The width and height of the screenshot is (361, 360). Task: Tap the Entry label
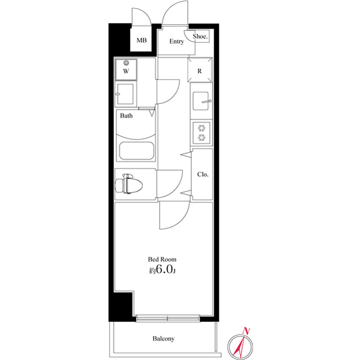point(176,42)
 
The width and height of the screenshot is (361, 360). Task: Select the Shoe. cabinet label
point(200,37)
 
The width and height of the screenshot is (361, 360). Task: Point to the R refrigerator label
point(200,72)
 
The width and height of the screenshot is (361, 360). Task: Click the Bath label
point(126,116)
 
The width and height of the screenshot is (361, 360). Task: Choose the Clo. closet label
point(202,174)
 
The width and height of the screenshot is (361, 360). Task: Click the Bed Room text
point(162,259)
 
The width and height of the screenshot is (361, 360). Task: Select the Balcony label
point(163,339)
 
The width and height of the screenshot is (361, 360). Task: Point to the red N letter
point(245,331)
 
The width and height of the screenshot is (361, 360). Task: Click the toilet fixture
point(129,184)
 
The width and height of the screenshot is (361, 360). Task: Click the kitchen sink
point(201,101)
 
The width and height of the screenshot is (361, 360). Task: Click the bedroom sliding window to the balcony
point(168,318)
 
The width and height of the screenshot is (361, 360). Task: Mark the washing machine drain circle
point(126,63)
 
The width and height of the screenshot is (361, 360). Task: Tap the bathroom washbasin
point(126,94)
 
